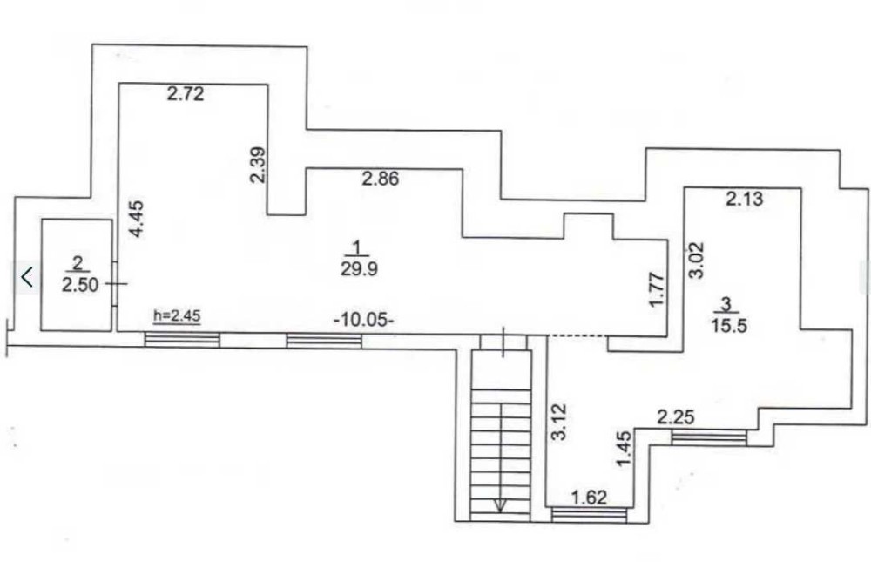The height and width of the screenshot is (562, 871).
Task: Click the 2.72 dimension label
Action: (186, 93)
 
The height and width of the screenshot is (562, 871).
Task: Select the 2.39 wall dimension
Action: (259, 165)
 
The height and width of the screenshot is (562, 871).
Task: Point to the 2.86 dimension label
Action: (381, 179)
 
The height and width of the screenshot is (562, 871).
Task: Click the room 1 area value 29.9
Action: (359, 269)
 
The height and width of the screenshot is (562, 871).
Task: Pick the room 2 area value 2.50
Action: (80, 285)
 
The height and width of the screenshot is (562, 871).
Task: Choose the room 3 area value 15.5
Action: (729, 325)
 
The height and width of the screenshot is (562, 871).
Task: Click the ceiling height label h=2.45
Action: (177, 315)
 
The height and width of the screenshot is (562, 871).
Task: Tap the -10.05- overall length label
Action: (364, 320)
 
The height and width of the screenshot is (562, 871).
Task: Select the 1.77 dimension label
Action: (656, 289)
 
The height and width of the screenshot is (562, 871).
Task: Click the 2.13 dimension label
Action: (745, 199)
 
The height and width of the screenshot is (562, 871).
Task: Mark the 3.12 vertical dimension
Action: (559, 422)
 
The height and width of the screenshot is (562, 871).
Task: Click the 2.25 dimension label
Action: (676, 416)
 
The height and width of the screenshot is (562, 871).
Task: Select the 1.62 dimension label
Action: (590, 497)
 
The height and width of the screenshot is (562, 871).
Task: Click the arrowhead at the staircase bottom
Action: (501, 505)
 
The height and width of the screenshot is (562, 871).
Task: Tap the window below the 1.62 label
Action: (590, 515)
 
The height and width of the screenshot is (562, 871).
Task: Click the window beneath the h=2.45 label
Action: (182, 340)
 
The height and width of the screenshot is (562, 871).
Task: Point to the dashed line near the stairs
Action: (577, 335)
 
